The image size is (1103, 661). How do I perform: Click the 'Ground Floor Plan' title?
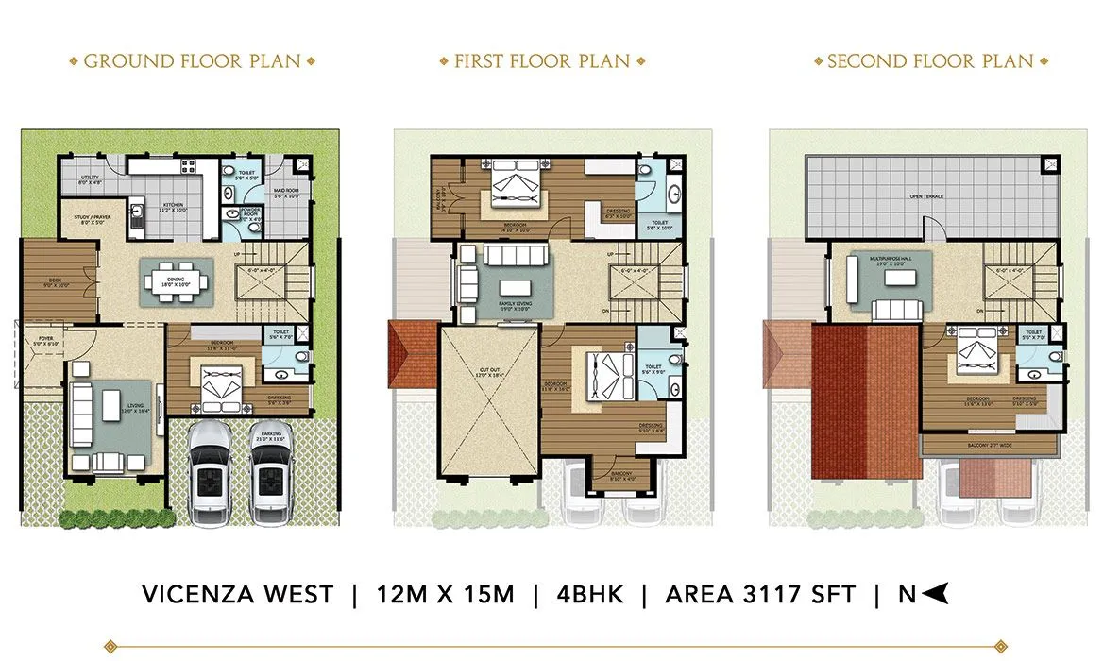tap(193, 62)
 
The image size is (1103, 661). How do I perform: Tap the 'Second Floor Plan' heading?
tap(930, 62)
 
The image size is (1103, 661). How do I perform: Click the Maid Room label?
tap(287, 194)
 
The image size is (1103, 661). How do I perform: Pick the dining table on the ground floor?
tap(178, 280)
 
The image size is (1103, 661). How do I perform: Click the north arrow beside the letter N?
tap(935, 594)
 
